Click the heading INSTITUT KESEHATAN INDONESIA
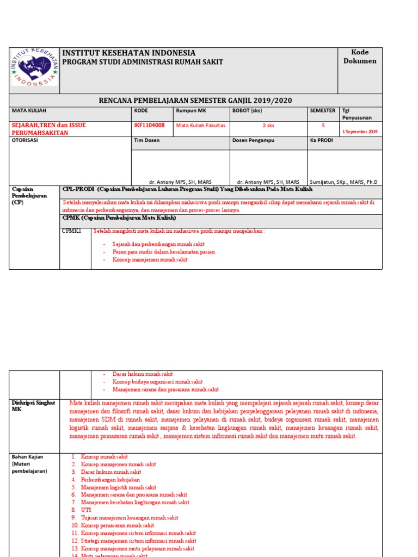(129, 53)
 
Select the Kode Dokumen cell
(359, 57)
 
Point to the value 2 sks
(268, 125)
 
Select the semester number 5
(323, 125)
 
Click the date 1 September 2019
(359, 132)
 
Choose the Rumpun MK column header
(190, 110)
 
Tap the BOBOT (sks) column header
(247, 110)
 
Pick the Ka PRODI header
(321, 140)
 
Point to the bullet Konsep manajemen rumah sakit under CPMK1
(150, 260)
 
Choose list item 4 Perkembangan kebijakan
(110, 480)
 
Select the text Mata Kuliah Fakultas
(200, 125)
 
